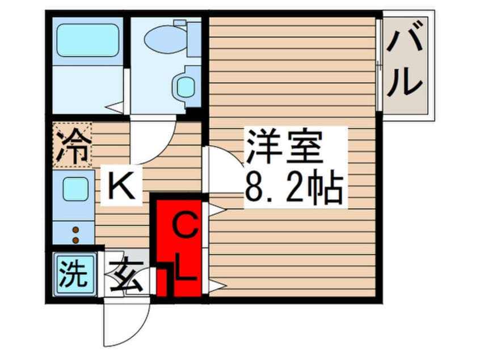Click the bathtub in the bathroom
coord(87,40)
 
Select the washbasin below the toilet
coord(186,86)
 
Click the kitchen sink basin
coord(75,189)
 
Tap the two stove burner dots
coord(75,235)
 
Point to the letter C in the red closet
coord(184,225)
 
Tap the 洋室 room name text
coord(284,146)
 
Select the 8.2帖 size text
coord(293,187)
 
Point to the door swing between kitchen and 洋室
coord(223,170)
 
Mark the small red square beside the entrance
coord(162,283)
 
